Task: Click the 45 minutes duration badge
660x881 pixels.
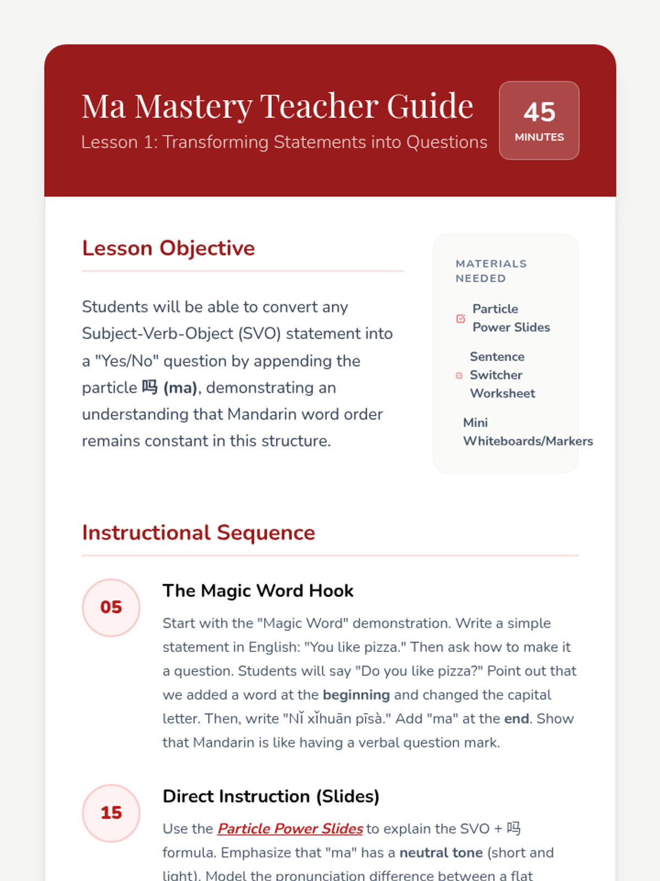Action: click(539, 121)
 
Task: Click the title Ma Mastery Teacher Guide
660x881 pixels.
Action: click(277, 106)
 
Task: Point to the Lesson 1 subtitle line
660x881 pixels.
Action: click(284, 142)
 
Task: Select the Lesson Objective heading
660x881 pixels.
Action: click(168, 248)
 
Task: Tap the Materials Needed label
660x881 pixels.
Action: click(491, 271)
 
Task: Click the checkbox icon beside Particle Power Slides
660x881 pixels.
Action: click(461, 319)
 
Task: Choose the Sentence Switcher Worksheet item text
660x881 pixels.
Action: click(502, 375)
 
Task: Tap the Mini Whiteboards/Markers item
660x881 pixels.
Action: click(527, 432)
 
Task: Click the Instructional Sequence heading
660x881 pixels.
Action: click(199, 533)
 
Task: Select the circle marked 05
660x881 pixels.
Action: click(111, 607)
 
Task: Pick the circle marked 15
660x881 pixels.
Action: click(111, 813)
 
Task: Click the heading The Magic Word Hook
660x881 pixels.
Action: click(258, 591)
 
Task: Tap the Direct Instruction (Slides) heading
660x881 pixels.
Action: click(271, 796)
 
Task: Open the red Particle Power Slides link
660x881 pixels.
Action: click(290, 829)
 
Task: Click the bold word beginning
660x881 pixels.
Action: click(356, 695)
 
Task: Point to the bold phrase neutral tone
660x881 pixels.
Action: click(441, 853)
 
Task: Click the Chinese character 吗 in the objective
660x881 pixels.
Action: click(150, 387)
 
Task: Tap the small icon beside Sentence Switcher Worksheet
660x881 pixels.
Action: click(459, 376)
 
